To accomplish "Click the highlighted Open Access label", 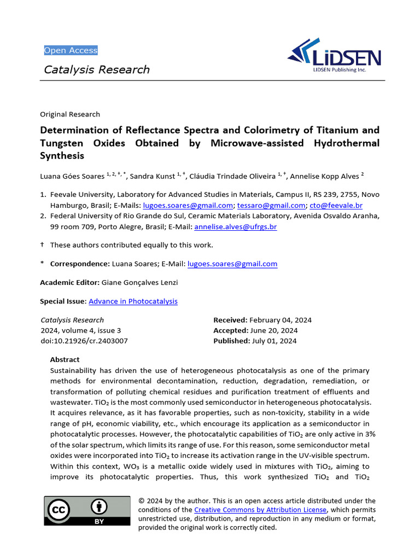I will pyautogui.click(x=71, y=50).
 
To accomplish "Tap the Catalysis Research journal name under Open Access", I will pyautogui.click(x=96, y=69).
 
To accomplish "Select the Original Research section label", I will pyautogui.click(x=70, y=114).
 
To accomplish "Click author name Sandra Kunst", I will pyautogui.click(x=151, y=176).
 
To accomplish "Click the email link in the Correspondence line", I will pyautogui.click(x=232, y=264).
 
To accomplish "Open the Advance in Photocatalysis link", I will pyautogui.click(x=133, y=301).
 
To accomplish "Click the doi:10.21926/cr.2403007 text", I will pyautogui.click(x=84, y=341).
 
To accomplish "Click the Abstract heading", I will pyautogui.click(x=65, y=359).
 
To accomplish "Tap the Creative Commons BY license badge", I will pyautogui.click(x=87, y=511).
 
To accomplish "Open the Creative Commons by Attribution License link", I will pyautogui.click(x=260, y=510).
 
